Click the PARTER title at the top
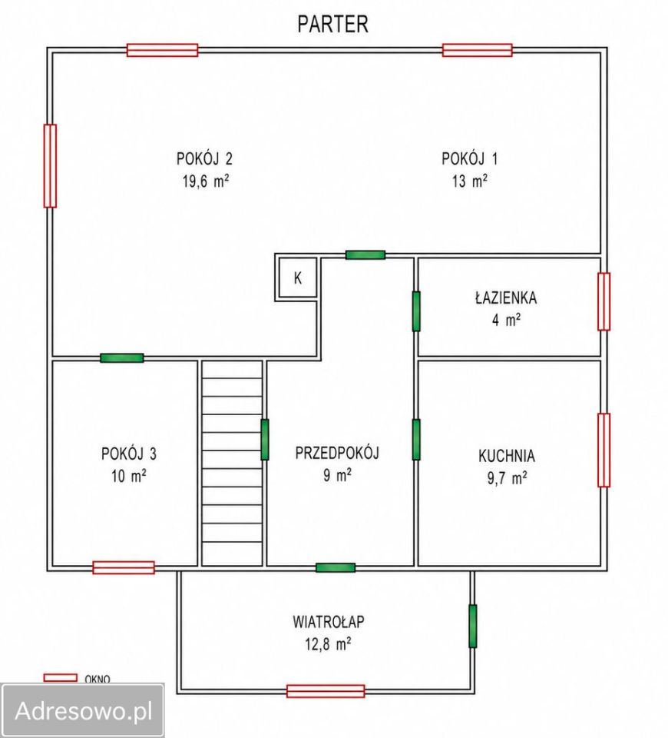(332, 24)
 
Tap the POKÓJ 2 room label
(204, 158)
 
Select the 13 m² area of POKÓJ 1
(470, 181)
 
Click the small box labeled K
(298, 278)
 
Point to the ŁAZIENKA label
(506, 298)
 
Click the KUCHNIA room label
(507, 456)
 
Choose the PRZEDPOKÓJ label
(337, 453)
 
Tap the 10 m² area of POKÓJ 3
(129, 476)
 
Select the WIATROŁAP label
(328, 622)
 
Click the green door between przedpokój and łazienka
(416, 311)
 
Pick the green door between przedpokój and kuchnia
(416, 440)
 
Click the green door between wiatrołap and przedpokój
(336, 567)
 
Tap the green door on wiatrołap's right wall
(472, 626)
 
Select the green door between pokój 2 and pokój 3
(122, 357)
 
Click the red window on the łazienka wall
(604, 301)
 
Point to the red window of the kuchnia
(604, 450)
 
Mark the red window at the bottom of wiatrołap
(326, 691)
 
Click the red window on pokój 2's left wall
(50, 166)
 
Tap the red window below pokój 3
(124, 567)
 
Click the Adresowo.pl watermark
(84, 710)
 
